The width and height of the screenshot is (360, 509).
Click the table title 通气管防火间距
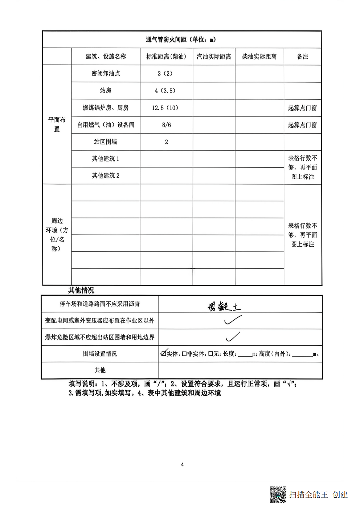[x=181, y=40]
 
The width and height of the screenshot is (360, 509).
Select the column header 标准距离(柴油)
[x=166, y=57]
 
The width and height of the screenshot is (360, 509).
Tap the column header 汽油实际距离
[x=214, y=57]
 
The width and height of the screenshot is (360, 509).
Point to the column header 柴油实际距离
[x=259, y=57]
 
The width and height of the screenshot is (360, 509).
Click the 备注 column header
[x=302, y=57]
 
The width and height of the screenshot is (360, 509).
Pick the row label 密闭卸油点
[x=106, y=74]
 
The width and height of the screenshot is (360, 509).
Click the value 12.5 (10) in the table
[x=165, y=108]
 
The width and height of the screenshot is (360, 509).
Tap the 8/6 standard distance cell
[x=166, y=125]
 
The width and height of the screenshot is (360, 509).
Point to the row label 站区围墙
[x=106, y=142]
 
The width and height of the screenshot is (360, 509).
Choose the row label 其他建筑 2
[x=106, y=176]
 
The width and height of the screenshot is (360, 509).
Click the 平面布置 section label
[x=57, y=124]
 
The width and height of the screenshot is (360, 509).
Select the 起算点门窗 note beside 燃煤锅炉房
[x=302, y=108]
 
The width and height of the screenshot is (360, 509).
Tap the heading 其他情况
[x=81, y=290]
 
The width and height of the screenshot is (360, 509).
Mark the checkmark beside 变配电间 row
[x=233, y=320]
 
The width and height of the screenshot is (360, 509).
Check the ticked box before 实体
[x=164, y=353]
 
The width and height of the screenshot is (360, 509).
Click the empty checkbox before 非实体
[x=184, y=354]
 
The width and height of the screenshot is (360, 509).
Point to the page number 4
[x=182, y=464]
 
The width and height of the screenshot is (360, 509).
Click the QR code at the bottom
[x=278, y=494]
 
